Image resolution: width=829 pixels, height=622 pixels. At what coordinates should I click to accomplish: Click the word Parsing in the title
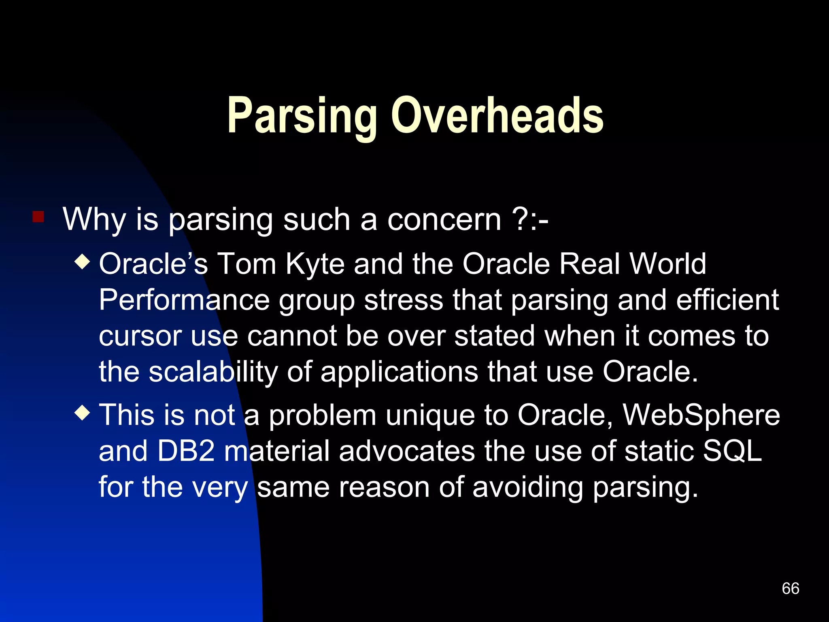302,116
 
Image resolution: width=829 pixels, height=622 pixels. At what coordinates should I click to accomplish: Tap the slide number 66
790,588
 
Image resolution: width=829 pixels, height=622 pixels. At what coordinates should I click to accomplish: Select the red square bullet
38,217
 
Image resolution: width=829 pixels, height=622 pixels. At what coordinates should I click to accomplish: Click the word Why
94,220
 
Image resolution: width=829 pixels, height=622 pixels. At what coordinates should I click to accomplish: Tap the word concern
444,220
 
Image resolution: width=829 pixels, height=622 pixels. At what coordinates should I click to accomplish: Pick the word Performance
184,300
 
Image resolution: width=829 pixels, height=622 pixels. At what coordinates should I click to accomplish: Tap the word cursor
140,336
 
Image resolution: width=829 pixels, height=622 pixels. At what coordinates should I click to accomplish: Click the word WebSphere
701,415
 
